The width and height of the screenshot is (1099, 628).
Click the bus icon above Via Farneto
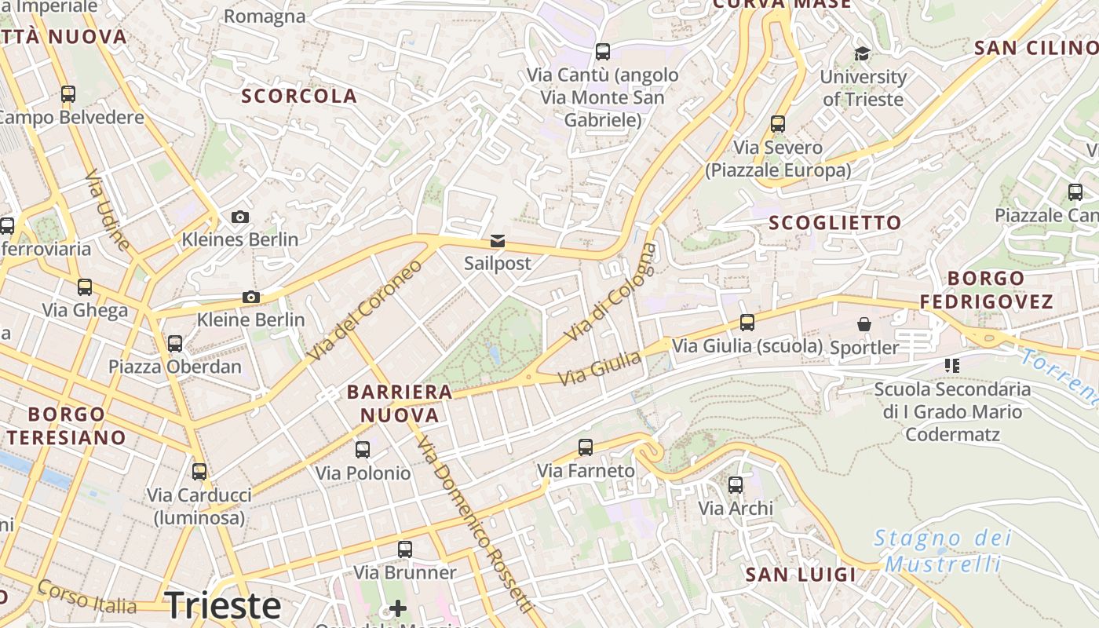586,447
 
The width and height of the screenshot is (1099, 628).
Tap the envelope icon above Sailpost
498,240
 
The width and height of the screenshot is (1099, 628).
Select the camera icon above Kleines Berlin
240,217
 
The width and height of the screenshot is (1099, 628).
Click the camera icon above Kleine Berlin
251,297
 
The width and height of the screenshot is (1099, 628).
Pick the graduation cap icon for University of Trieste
862,53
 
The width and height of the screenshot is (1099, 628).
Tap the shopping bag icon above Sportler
864,324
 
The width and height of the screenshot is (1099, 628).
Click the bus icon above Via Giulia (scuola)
747,322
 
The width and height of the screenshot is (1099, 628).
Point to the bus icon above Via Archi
736,485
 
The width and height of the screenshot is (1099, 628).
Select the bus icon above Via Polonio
363,450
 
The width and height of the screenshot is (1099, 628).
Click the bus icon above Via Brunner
405,549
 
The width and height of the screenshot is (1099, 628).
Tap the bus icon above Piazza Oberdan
175,343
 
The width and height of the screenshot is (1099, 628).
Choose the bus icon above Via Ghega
85,287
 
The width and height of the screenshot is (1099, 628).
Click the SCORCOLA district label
299,96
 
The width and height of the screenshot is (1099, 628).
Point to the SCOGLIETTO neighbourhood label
835,223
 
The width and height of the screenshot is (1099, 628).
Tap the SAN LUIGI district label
801,575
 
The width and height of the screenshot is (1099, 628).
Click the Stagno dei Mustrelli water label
942,551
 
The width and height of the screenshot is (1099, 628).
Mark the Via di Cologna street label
610,292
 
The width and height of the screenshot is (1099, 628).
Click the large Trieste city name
223,605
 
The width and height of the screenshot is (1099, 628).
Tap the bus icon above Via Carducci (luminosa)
199,471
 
